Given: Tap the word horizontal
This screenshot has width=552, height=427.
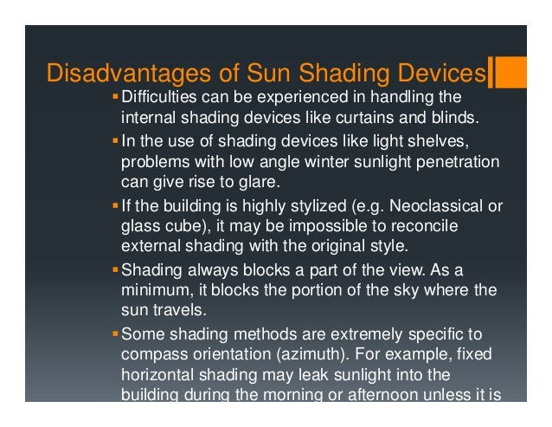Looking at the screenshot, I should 159,374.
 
